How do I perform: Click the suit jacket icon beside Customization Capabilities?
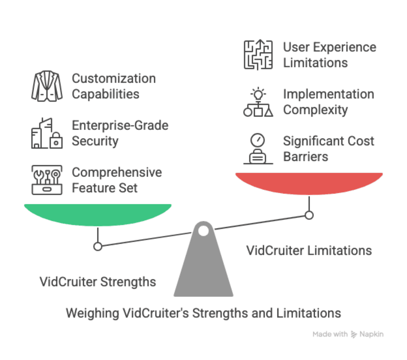tap(47, 86)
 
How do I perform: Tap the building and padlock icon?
tap(47, 133)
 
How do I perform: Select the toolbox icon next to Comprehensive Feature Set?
tap(47, 180)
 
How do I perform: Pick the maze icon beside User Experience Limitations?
tap(258, 55)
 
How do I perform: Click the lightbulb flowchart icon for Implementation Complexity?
tap(258, 102)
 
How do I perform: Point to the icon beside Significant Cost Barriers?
tap(258, 149)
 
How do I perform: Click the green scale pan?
tap(98, 214)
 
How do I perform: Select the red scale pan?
tap(309, 183)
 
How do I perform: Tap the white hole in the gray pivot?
tap(203, 230)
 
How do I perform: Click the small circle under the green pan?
tap(98, 246)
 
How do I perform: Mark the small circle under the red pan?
tap(309, 215)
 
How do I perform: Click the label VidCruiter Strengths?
tap(98, 282)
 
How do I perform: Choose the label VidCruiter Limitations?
tap(309, 250)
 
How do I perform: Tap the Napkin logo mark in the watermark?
tap(354, 334)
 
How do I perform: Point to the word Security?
tap(95, 141)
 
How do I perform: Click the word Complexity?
tap(315, 110)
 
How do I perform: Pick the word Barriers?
tap(306, 157)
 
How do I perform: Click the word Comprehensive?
tap(117, 172)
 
